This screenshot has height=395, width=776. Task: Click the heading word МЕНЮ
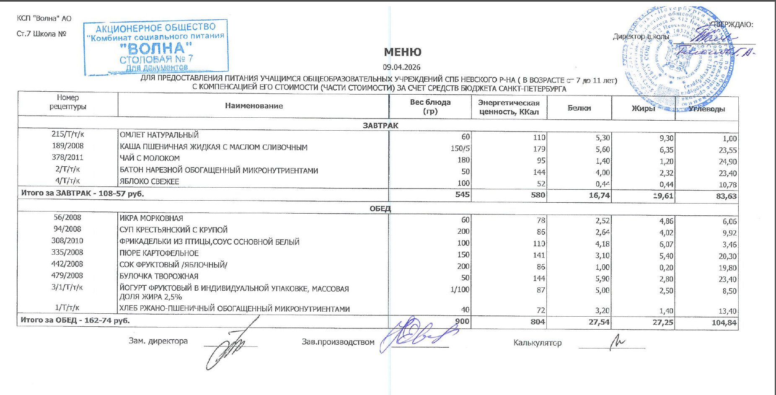[403, 52]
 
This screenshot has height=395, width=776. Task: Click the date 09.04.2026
[401, 67]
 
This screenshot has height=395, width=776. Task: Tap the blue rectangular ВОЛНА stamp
[156, 47]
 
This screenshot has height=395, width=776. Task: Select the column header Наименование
[253, 106]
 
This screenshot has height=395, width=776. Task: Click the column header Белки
[579, 108]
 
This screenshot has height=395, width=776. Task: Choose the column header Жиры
[643, 108]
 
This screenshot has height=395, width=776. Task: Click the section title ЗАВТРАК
[380, 126]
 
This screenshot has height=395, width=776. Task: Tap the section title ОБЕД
[380, 209]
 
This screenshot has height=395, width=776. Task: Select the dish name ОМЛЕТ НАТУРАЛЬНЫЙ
[159, 135]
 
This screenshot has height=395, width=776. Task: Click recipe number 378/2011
[68, 157]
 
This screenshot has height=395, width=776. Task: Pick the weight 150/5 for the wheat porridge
[460, 149]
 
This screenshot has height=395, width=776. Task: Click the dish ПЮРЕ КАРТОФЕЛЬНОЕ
[159, 253]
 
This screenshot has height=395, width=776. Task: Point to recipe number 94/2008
[67, 229]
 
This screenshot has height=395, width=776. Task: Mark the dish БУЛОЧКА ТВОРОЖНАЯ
[159, 276]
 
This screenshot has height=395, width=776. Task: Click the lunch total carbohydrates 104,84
[724, 323]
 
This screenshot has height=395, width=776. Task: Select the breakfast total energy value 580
[538, 195]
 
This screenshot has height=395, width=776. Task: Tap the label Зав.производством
[338, 342]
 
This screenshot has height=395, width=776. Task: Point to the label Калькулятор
[538, 343]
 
